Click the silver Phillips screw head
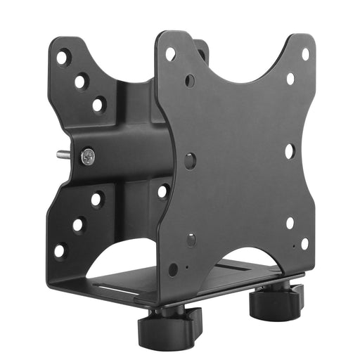point(87,155)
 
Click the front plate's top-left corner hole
point(170,53)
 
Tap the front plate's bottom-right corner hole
point(304,243)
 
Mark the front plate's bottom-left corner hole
point(173,269)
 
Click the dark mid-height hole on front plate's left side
point(190,160)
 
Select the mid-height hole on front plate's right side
point(290,150)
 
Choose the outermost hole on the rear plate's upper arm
point(63,57)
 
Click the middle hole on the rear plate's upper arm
point(81,81)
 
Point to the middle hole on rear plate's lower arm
point(78,225)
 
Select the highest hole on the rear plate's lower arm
point(96,200)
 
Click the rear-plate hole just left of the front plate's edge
point(162,191)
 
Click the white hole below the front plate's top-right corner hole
point(290,79)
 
